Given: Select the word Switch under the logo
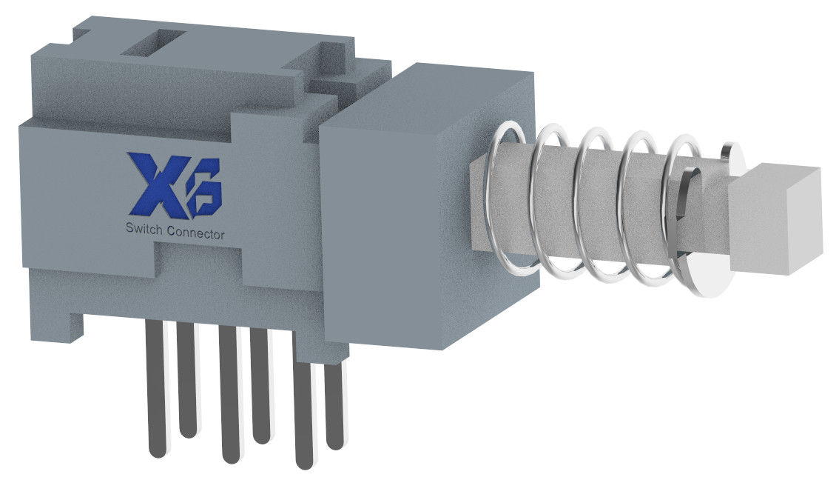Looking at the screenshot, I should click(145, 233).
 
